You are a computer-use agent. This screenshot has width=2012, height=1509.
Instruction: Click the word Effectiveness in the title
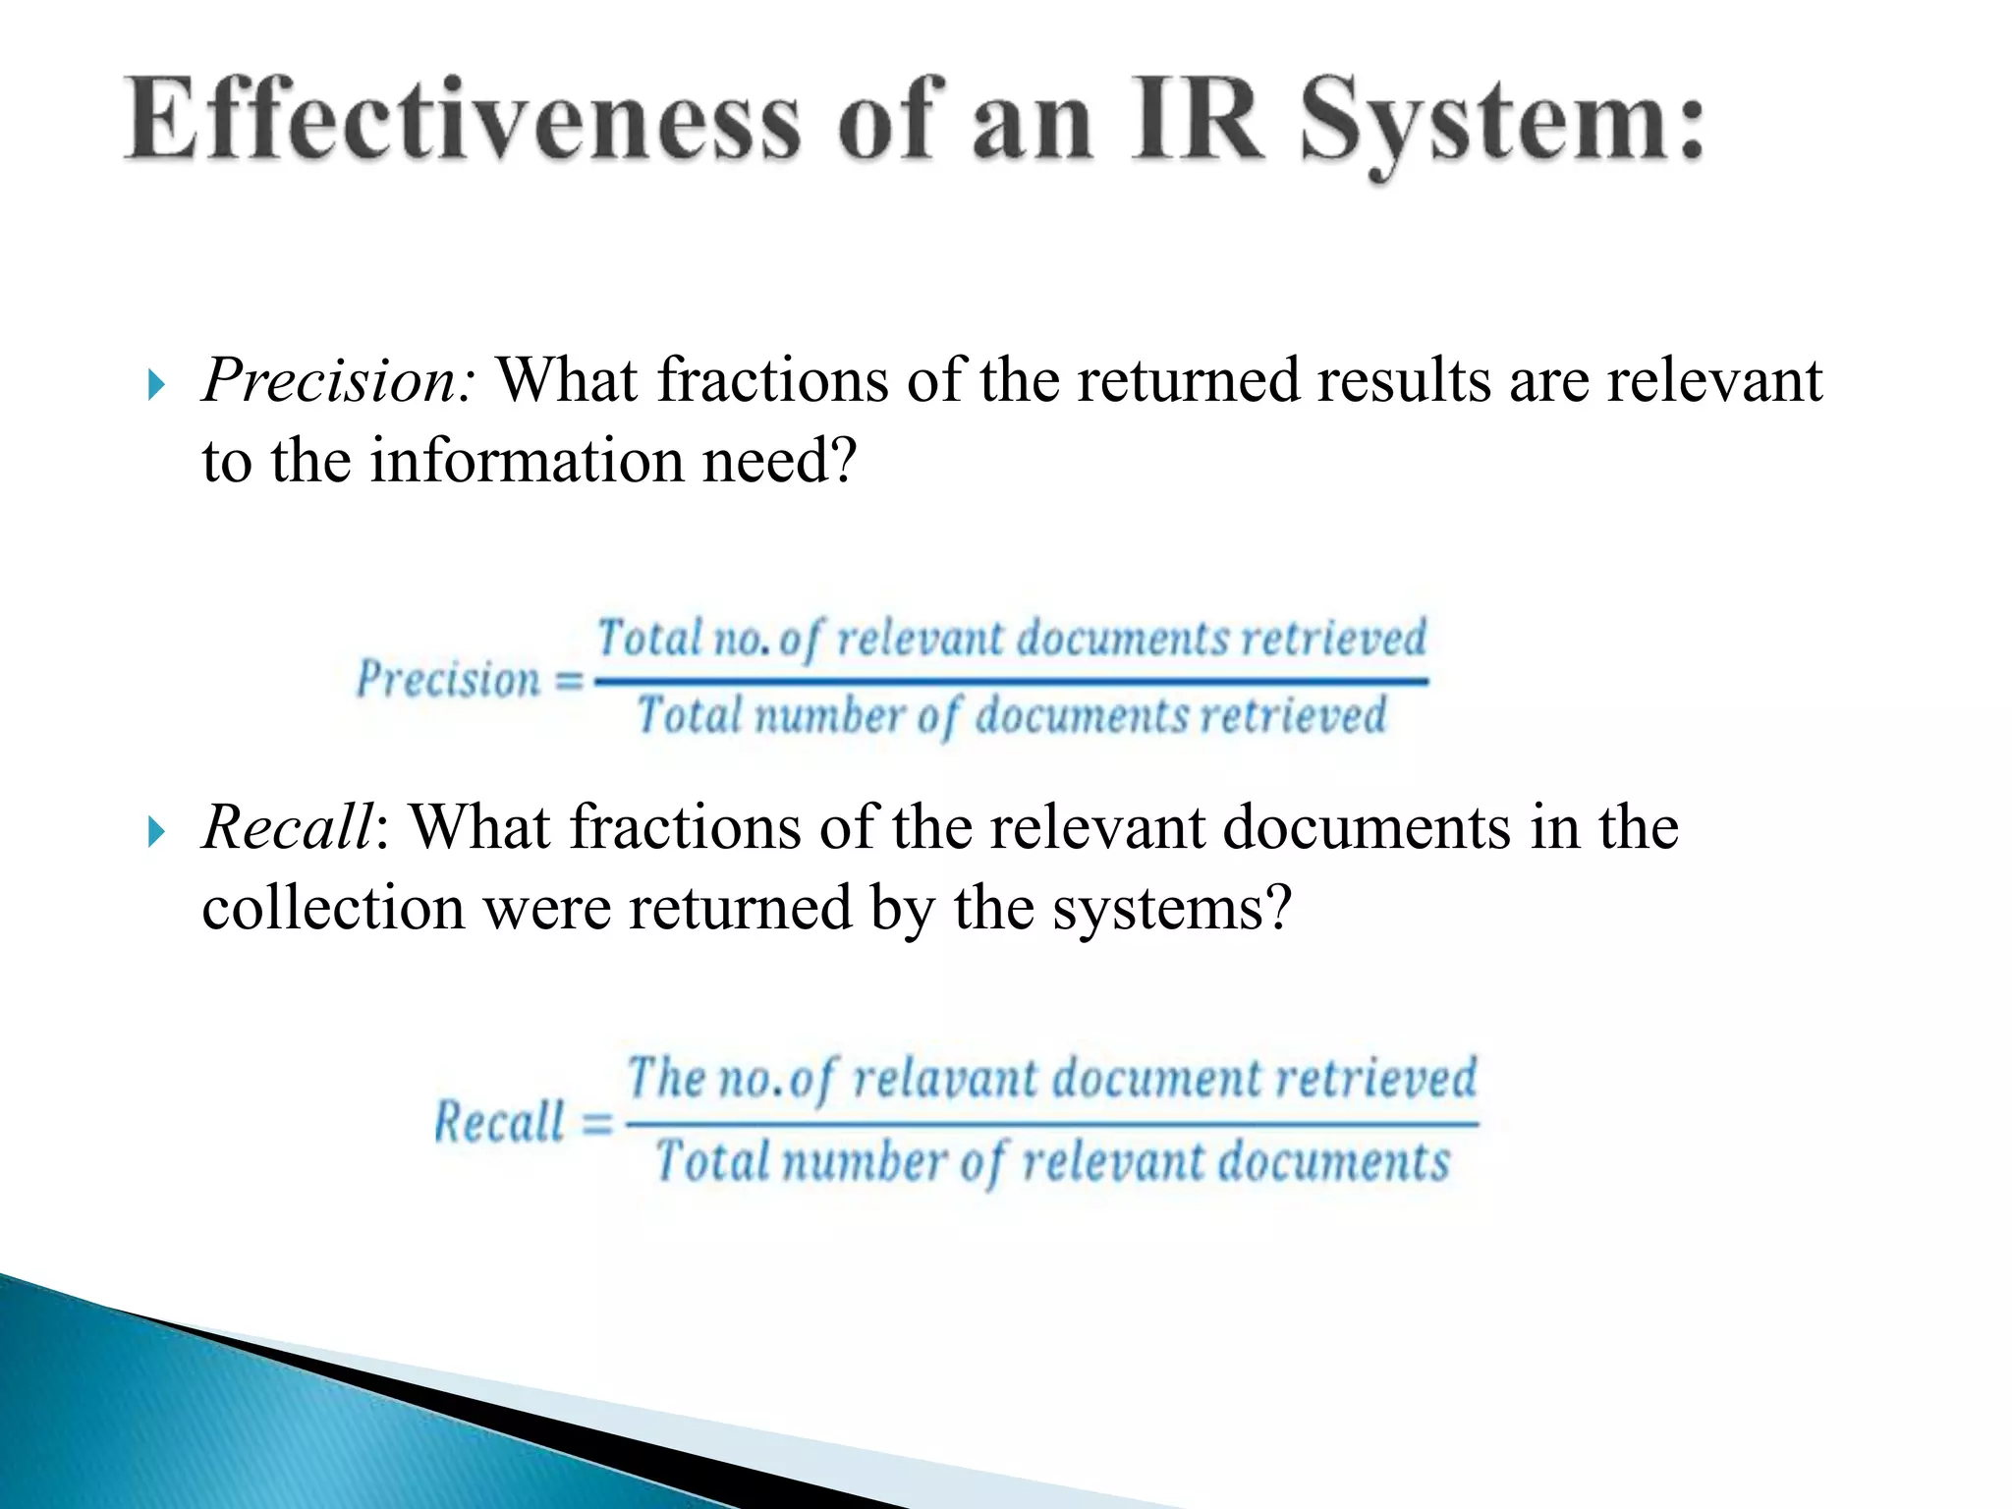(462, 123)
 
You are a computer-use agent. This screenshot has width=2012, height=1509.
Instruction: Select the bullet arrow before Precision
(156, 384)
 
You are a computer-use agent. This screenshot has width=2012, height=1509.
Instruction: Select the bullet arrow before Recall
(156, 832)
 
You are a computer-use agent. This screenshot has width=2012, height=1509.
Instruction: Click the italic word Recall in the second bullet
(288, 827)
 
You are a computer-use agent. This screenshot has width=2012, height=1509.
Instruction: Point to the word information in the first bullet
(527, 461)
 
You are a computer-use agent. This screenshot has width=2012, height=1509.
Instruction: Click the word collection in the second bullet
(333, 908)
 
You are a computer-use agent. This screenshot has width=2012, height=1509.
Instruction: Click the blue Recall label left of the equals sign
(500, 1122)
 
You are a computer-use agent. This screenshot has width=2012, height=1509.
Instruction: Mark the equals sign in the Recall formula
(596, 1123)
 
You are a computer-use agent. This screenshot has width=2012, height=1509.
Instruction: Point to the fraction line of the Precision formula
(1012, 680)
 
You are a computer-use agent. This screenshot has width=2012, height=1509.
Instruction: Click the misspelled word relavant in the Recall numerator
(944, 1079)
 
